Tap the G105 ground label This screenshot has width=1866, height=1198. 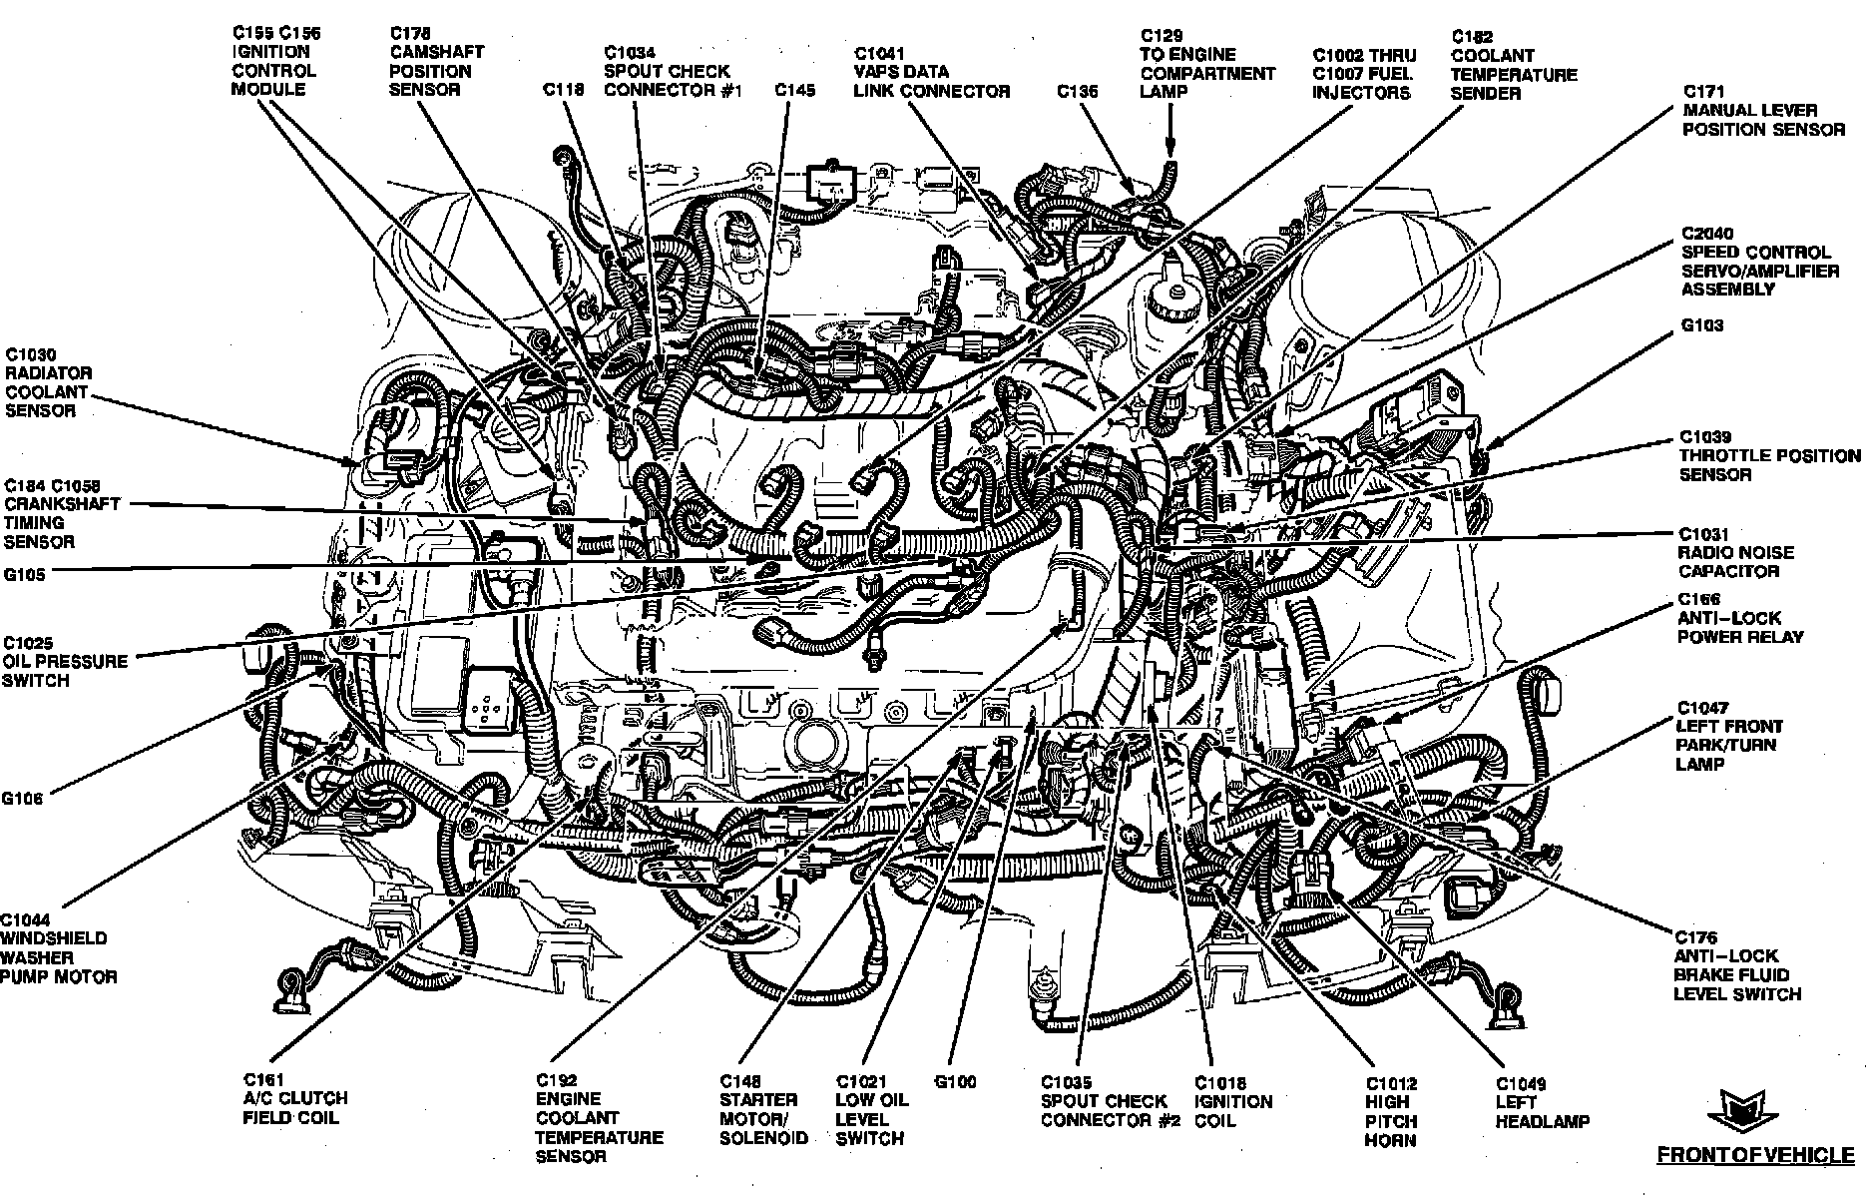coord(24,575)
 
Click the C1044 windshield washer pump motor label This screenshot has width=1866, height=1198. coord(58,948)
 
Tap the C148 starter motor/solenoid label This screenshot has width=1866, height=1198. coord(763,1109)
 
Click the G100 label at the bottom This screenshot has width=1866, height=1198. coord(955,1082)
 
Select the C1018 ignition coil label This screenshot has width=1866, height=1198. coord(1233,1101)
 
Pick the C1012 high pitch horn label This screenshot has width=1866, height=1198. coord(1391,1111)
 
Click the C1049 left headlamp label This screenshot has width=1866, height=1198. coord(1541,1102)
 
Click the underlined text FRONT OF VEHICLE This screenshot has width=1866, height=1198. coord(1755,1155)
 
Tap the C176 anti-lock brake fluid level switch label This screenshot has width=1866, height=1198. coord(1736,965)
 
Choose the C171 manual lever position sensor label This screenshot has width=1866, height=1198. coord(1763,110)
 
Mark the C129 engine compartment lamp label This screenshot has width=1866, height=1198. coord(1206,64)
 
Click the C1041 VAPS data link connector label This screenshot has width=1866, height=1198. coord(930,72)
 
